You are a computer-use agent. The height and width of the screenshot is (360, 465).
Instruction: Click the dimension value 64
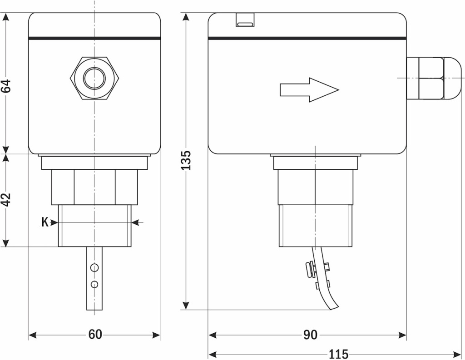(x=6, y=86)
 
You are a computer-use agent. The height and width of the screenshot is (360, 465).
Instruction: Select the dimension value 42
(x=6, y=200)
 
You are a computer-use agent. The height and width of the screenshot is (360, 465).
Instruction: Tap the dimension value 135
(x=186, y=160)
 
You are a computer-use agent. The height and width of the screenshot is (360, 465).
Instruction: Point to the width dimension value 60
(x=95, y=335)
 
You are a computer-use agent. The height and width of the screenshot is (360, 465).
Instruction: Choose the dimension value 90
(x=310, y=335)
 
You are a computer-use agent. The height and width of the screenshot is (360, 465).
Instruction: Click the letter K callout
(x=45, y=222)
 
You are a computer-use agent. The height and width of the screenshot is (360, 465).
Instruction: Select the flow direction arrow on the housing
(x=309, y=89)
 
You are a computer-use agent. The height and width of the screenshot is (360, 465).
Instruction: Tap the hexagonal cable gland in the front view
(x=94, y=78)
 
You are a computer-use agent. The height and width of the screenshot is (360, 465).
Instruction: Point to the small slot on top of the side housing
(x=245, y=20)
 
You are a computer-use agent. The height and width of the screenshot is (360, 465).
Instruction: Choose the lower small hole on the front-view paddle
(x=94, y=284)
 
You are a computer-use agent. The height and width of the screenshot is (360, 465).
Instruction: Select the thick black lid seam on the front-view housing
(x=94, y=38)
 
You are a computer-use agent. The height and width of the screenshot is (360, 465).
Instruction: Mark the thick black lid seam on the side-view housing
(x=307, y=38)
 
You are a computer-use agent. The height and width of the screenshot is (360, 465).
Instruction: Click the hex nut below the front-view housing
(x=94, y=187)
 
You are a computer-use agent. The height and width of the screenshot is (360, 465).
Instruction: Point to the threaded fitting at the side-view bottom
(x=315, y=225)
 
